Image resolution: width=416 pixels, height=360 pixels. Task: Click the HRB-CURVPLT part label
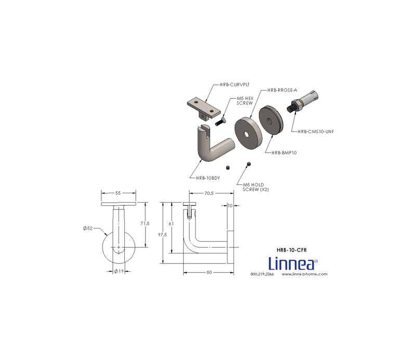[235, 85]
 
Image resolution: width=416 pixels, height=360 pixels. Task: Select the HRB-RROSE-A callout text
[282, 90]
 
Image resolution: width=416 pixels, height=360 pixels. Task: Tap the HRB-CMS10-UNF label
[316, 131]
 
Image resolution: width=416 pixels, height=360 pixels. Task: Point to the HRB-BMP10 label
[284, 153]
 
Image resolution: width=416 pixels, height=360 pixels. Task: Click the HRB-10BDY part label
[208, 178]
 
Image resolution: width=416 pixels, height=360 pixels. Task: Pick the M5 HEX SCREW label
[245, 101]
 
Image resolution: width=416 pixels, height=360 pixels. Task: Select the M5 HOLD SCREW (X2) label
[256, 187]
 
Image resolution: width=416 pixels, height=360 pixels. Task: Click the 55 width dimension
[118, 193]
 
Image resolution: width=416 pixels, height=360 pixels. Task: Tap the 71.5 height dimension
[145, 223]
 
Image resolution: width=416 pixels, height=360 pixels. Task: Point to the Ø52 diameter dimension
[87, 228]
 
